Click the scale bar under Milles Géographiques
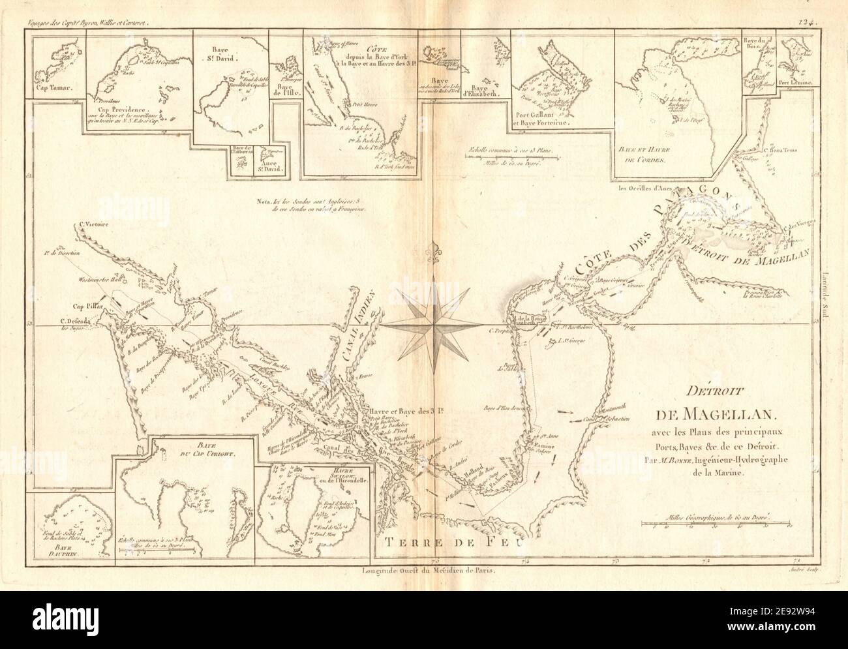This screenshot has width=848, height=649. click(x=716, y=523)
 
